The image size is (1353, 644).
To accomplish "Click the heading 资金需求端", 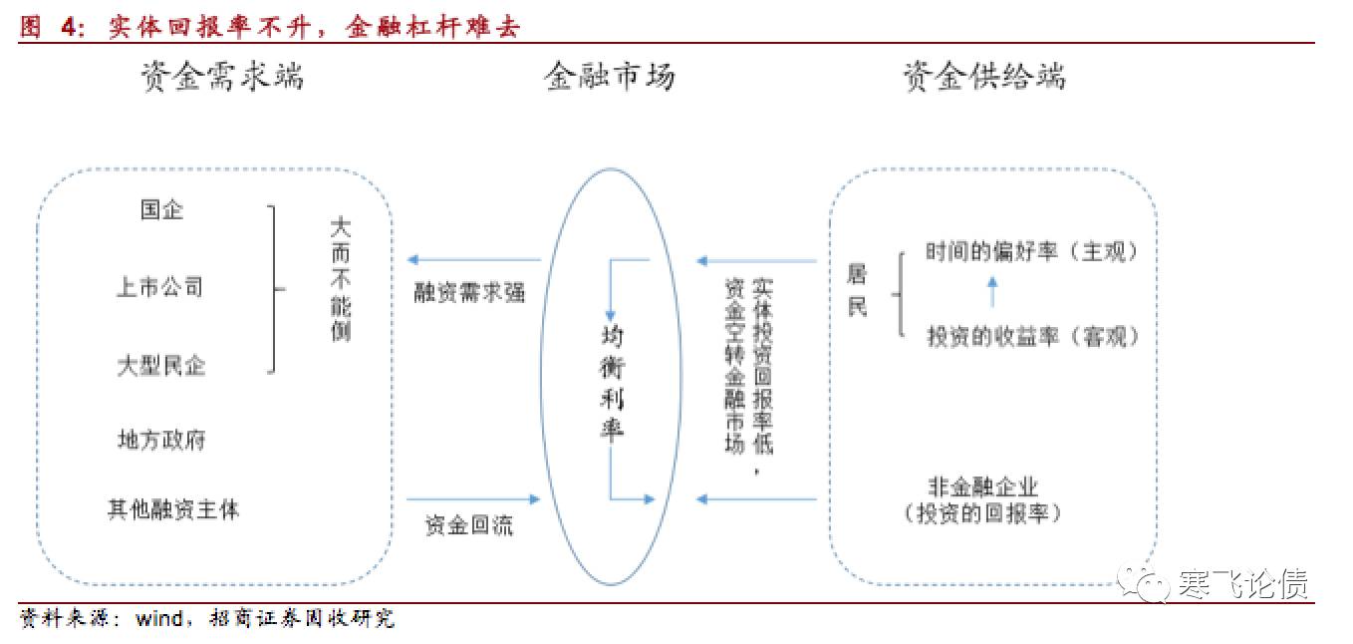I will coord(221,77).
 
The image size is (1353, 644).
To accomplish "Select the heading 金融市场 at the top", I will coord(610,77).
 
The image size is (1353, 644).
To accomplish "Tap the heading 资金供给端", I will coord(983,77).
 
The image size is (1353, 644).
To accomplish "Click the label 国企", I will coord(162,210).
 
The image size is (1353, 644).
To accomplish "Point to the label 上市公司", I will coord(160,288).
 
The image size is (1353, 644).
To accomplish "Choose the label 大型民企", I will coord(161,365).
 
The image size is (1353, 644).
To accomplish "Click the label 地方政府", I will coord(161,439).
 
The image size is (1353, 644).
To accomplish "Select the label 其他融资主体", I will coord(173,510).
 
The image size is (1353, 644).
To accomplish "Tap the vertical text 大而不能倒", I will coord(341,280).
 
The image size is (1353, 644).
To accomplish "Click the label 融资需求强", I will coord(469,293).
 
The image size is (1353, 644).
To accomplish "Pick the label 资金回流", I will coord(469,525).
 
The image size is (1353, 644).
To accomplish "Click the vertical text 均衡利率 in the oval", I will coord(612,379).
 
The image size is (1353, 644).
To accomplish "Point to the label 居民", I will coord(858,289).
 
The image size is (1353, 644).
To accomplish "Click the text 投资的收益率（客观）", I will coord(1032,337).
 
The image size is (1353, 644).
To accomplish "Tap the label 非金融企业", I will coord(983,487).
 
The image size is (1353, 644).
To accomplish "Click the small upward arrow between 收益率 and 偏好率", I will coord(991,293).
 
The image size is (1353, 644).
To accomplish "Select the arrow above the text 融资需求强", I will coord(473,260).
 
